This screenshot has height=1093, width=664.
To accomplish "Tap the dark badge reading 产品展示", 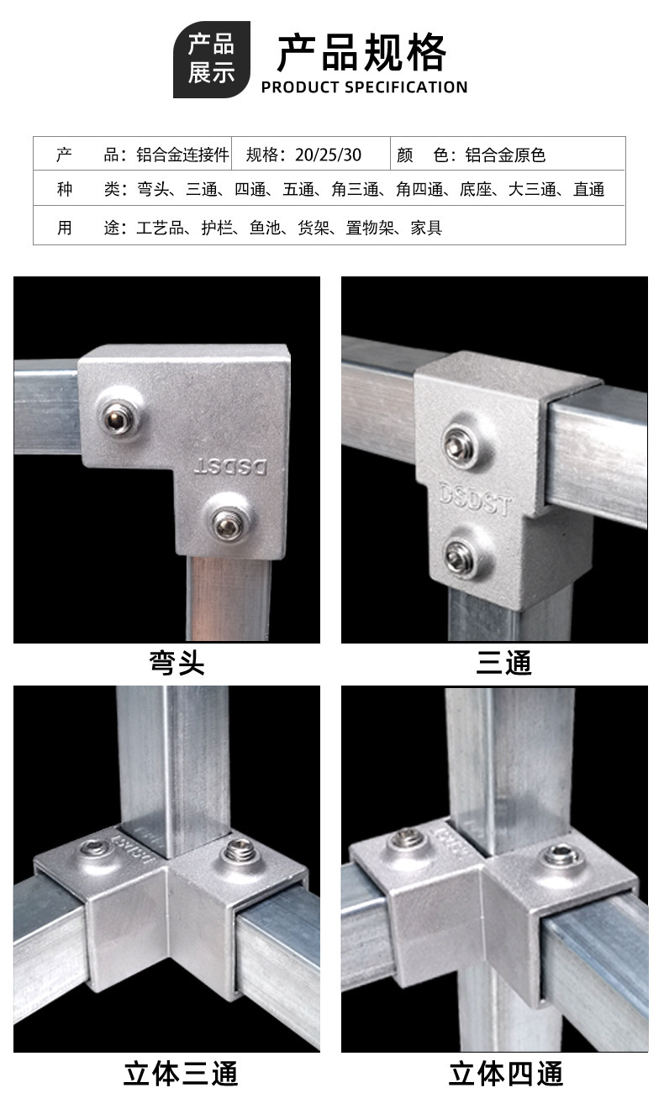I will click(211, 60).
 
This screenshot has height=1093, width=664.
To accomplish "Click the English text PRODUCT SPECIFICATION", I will click(364, 87).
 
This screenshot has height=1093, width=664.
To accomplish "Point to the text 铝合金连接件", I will click(182, 155).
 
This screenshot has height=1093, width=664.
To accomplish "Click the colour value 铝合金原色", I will click(511, 155).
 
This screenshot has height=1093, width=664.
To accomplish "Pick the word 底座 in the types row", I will click(476, 190).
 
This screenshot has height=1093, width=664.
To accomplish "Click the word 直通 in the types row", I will click(588, 190).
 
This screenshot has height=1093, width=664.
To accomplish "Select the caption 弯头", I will click(177, 664).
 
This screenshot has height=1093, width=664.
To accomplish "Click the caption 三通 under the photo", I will click(503, 664).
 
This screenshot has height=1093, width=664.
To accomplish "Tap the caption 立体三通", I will click(182, 1073).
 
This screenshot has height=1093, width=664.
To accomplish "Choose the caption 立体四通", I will click(505, 1073).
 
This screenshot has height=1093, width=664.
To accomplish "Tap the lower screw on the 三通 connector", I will click(460, 555).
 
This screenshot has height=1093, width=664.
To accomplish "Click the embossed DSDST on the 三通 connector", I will click(474, 498).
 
